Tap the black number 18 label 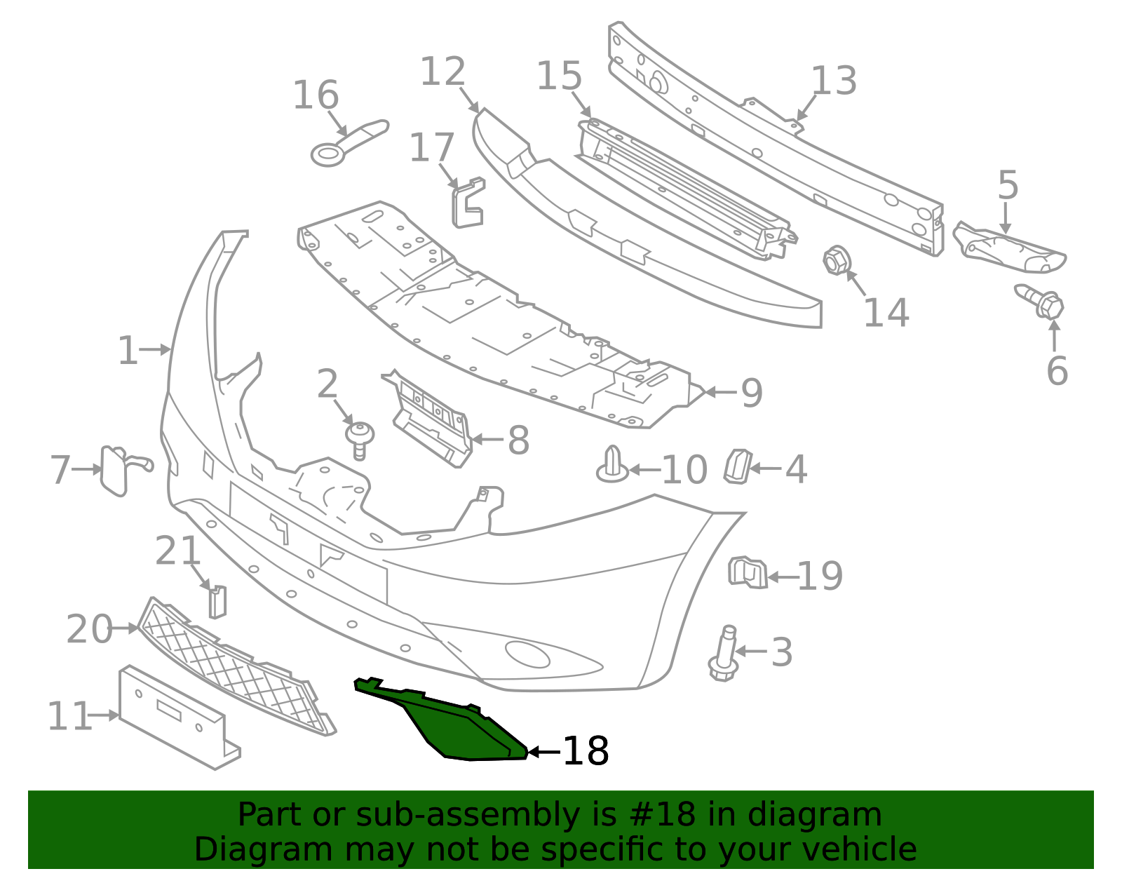coord(586,751)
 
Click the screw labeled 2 coord(360,439)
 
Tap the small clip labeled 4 coord(738,466)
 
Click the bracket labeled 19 coord(747,572)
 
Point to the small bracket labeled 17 coord(468,204)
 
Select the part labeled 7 coord(114,470)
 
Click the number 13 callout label coord(834,81)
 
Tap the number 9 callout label coord(752,393)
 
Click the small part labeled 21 coord(217,602)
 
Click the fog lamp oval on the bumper coord(527,654)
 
